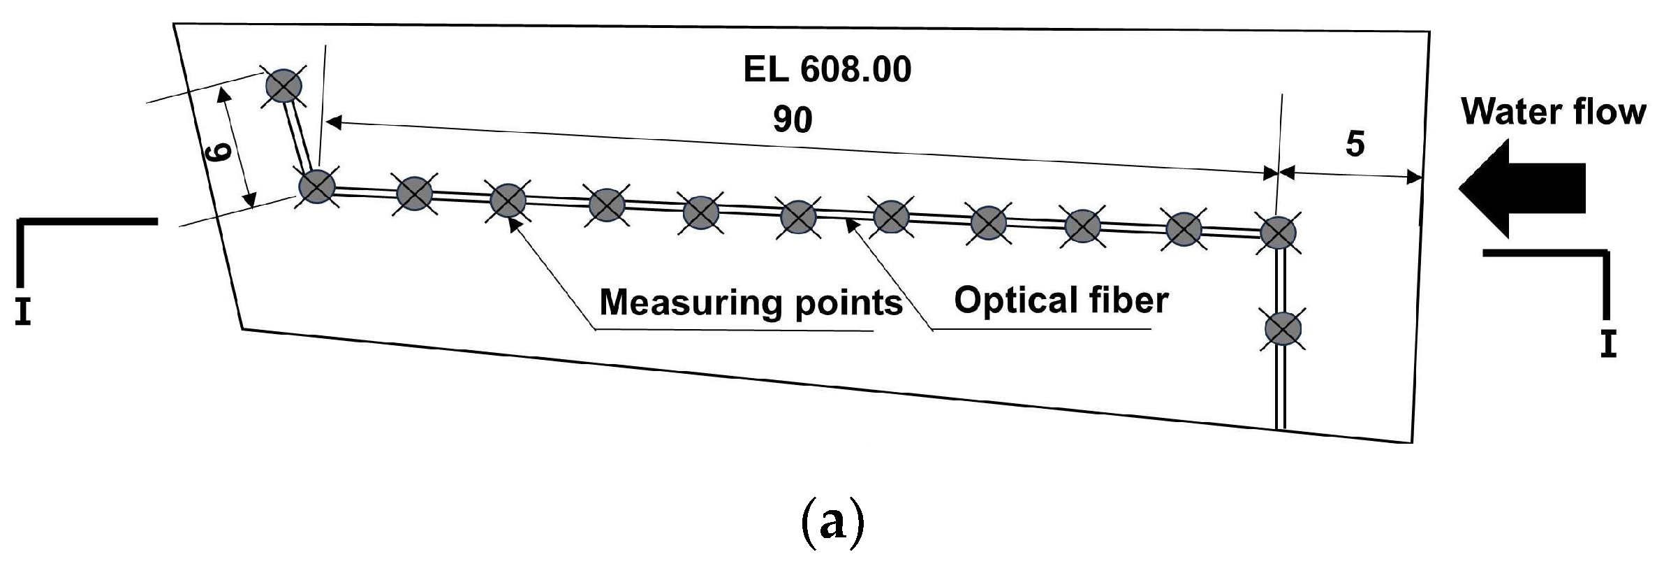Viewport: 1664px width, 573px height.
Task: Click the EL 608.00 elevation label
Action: [827, 70]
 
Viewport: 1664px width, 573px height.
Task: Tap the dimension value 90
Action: [792, 119]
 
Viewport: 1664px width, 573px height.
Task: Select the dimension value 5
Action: [1355, 144]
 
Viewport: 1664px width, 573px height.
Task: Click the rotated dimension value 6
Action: [219, 152]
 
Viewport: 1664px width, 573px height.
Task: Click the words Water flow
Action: [1553, 112]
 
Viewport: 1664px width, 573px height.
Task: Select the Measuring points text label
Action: [751, 303]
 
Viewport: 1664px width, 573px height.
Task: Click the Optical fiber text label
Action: [1061, 300]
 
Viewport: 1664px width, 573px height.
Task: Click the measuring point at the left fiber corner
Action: [317, 187]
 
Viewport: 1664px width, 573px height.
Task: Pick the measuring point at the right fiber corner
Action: [1279, 232]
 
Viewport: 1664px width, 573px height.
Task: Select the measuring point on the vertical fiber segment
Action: [1283, 328]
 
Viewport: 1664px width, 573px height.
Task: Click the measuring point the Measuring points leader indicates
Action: [508, 201]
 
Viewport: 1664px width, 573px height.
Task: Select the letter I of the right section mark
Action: [1608, 344]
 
